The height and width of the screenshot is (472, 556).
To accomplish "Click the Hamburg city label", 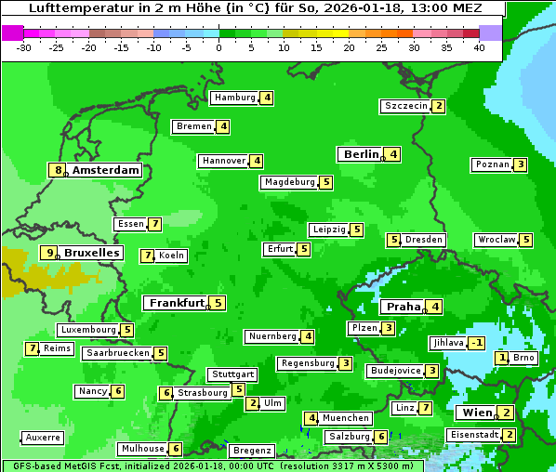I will coord(234,98).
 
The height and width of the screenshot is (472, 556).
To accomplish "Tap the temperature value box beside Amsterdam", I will coord(59,170).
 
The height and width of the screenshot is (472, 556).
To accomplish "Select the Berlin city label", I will coord(362,154).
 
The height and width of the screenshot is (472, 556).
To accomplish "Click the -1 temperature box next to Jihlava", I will coord(477,343).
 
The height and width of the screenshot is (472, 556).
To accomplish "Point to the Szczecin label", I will coord(406,106).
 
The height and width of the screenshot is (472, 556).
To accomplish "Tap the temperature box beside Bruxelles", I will coord(48,253).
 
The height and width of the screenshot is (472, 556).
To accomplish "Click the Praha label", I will coord(404,307).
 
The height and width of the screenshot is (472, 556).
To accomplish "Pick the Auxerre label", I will coord(43,437).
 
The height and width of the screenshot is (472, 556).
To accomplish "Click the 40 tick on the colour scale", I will coord(479,46).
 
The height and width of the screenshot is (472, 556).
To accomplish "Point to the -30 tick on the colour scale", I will coord(25,46).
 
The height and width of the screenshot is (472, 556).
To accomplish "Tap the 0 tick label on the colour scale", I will coord(219,46).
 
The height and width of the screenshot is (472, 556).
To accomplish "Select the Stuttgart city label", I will coord(232,374).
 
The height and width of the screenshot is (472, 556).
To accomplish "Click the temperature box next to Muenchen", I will coord(311,418).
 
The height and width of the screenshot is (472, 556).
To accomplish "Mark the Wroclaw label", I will coord(496,240).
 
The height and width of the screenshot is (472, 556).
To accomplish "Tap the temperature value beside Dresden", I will coord(393,240).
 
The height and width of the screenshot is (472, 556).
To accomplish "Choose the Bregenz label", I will coord(252,451).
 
